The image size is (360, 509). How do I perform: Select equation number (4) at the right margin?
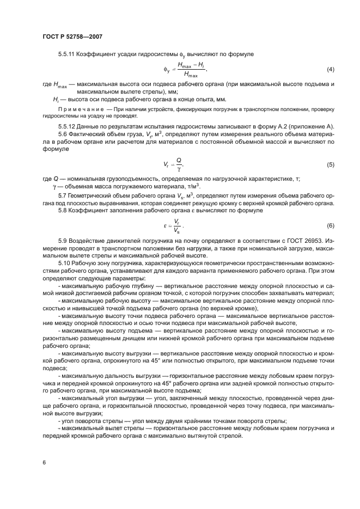coord(330,70)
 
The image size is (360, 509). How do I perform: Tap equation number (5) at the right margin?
coord(330,164)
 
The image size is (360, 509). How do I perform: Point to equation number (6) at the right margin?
coord(330,225)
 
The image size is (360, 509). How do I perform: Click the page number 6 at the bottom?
coord(44,462)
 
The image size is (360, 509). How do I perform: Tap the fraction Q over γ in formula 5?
coord(179,164)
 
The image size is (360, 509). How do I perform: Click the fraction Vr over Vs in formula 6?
coord(175,225)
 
